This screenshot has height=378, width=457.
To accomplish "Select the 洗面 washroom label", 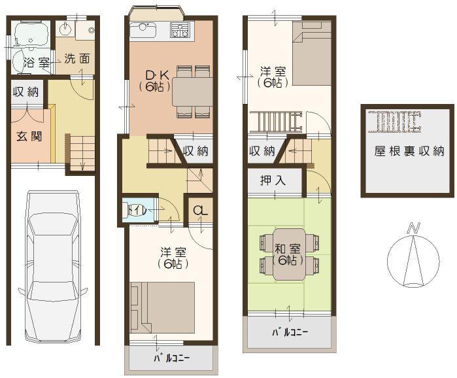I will [x=76, y=59].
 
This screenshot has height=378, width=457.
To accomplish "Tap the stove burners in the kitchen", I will [x=180, y=30].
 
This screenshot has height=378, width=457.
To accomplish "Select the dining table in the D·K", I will [x=192, y=92].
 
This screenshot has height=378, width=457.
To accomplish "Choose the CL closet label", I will [x=200, y=211].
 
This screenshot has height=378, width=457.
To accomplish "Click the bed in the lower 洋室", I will [x=162, y=306].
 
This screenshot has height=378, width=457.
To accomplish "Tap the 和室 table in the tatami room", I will [x=288, y=254].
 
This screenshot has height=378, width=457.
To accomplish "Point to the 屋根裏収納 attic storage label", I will [x=409, y=151].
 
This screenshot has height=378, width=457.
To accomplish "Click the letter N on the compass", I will [x=413, y=228].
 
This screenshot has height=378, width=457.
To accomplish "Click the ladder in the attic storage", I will [x=395, y=120].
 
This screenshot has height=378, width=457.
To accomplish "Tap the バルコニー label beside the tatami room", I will [x=290, y=333].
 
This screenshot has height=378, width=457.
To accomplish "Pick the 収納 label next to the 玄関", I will [x=25, y=92].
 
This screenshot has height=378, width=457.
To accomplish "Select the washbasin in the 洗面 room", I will [x=66, y=29].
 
